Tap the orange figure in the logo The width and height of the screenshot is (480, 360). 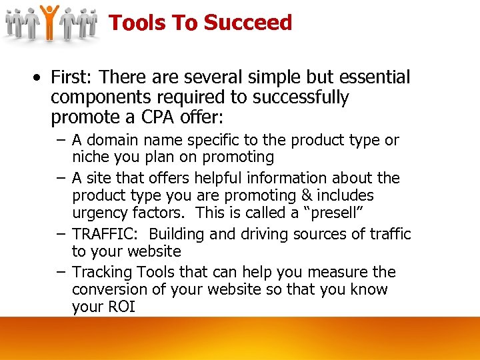tap(49, 22)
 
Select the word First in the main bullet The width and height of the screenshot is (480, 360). tap(71, 77)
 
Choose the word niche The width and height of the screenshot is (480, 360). tap(89, 157)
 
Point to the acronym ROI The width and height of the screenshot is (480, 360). tap(120, 307)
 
